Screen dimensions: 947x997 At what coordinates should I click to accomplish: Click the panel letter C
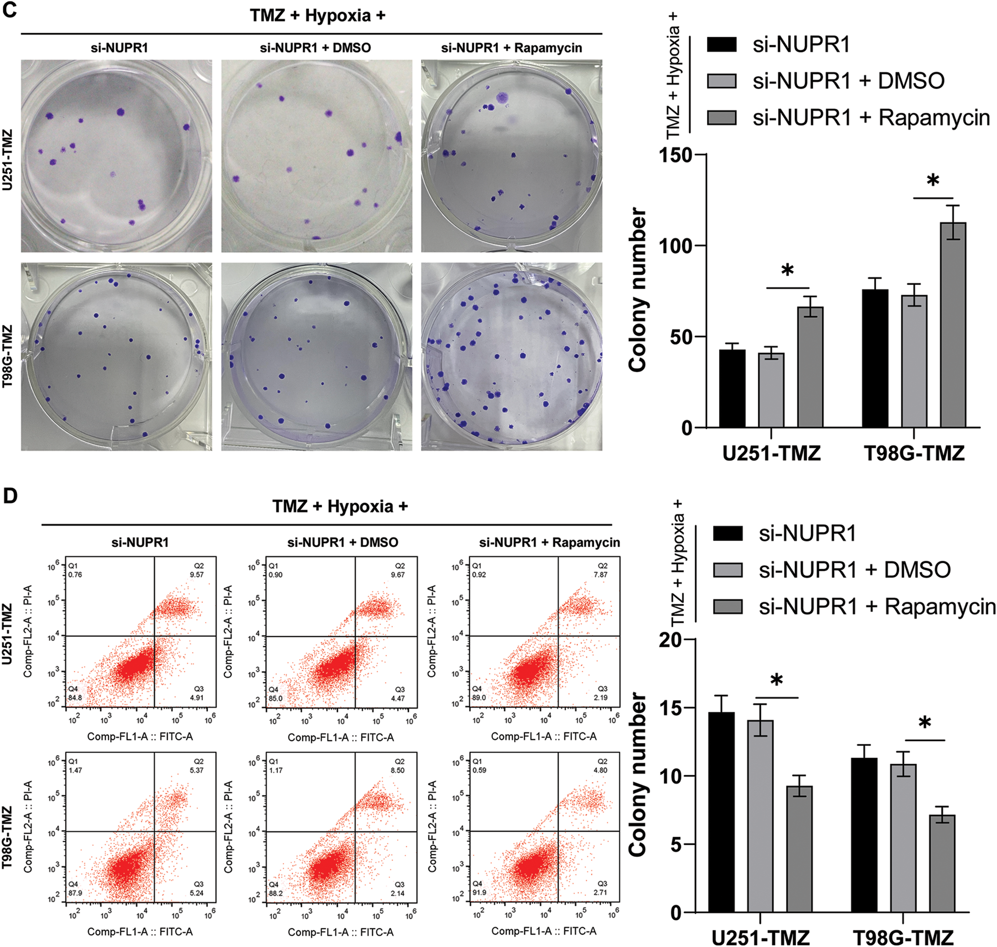[10, 10]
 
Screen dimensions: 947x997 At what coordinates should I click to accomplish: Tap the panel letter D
[10, 496]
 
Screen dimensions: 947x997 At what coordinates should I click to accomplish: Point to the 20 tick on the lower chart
[671, 640]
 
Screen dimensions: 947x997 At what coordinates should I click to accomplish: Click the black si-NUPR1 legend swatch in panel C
[722, 44]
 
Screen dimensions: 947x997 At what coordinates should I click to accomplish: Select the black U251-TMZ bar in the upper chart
[732, 389]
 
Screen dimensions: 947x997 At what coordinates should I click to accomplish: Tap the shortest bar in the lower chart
[942, 864]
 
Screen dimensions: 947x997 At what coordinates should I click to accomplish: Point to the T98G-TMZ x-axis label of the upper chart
[914, 453]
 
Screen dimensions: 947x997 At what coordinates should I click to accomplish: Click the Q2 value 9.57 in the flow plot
[196, 574]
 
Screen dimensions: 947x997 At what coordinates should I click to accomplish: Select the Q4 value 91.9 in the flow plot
[479, 893]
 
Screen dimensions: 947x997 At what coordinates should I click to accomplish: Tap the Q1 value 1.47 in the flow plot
[75, 770]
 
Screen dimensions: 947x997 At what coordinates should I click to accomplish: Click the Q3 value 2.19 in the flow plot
[600, 698]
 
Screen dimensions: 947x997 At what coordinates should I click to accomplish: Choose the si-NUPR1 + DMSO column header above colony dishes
[315, 48]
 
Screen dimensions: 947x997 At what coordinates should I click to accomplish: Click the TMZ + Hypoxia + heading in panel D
[339, 506]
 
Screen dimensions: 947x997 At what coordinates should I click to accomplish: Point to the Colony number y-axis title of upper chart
[638, 290]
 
